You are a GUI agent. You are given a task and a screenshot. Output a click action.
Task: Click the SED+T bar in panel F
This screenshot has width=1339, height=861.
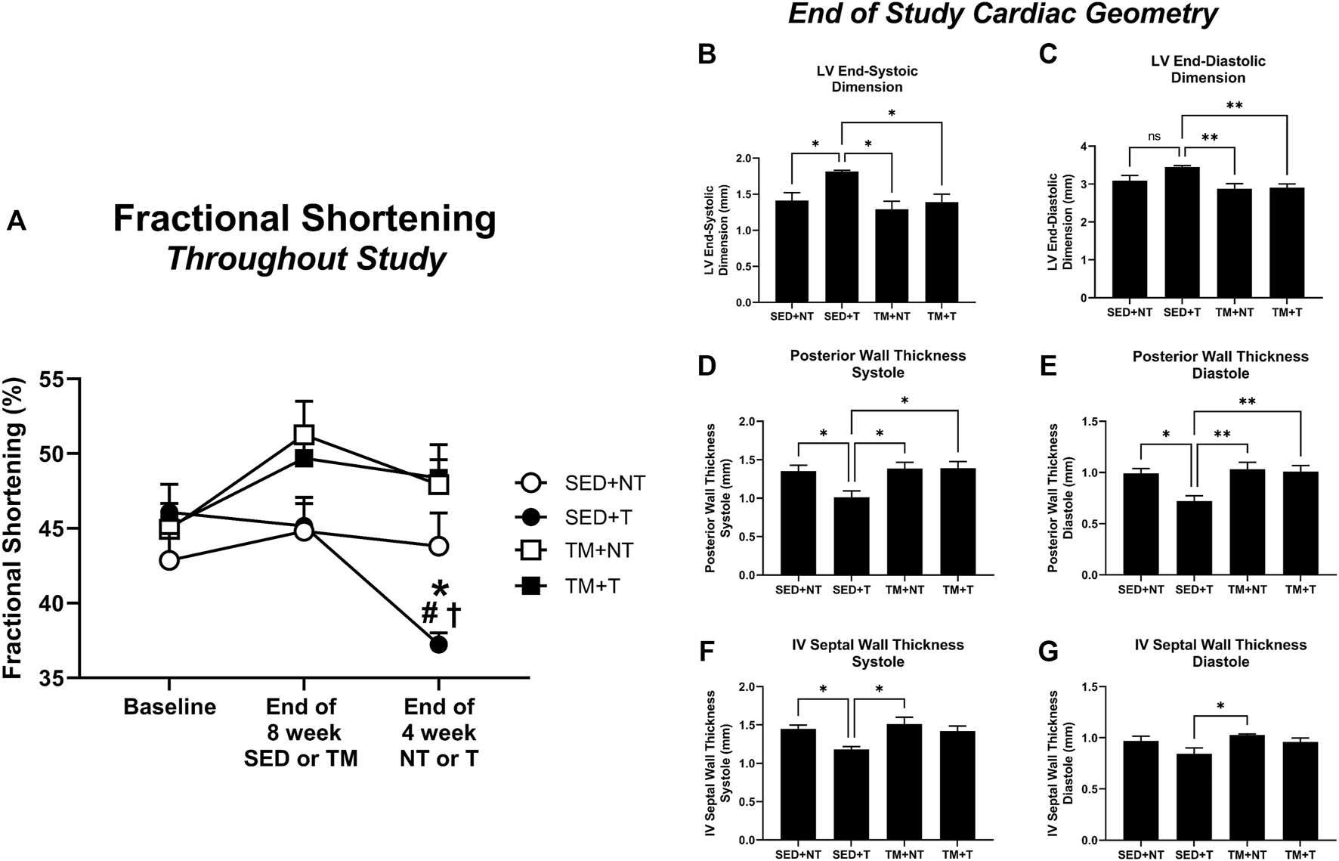pyautogui.click(x=852, y=794)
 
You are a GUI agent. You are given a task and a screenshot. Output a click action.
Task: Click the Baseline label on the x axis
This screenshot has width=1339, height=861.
pyautogui.click(x=169, y=707)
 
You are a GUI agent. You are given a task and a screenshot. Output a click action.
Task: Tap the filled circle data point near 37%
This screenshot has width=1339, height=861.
pyautogui.click(x=438, y=645)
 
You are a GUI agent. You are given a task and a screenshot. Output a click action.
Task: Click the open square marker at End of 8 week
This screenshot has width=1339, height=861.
pyautogui.click(x=304, y=435)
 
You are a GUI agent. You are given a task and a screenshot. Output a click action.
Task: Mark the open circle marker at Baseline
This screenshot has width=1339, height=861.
pyautogui.click(x=169, y=560)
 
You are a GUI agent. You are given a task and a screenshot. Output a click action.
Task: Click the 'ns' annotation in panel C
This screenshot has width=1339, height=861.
pyautogui.click(x=1155, y=137)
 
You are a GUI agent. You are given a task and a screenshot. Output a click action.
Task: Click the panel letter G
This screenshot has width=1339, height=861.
pyautogui.click(x=1048, y=652)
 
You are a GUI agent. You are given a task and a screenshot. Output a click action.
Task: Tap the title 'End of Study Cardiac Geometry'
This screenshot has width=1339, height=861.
pyautogui.click(x=1003, y=14)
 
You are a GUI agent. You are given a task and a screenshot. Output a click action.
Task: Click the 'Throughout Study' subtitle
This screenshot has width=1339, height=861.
pyautogui.click(x=306, y=259)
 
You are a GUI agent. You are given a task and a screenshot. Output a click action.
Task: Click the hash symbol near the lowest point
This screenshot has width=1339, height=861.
pyautogui.click(x=429, y=613)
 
